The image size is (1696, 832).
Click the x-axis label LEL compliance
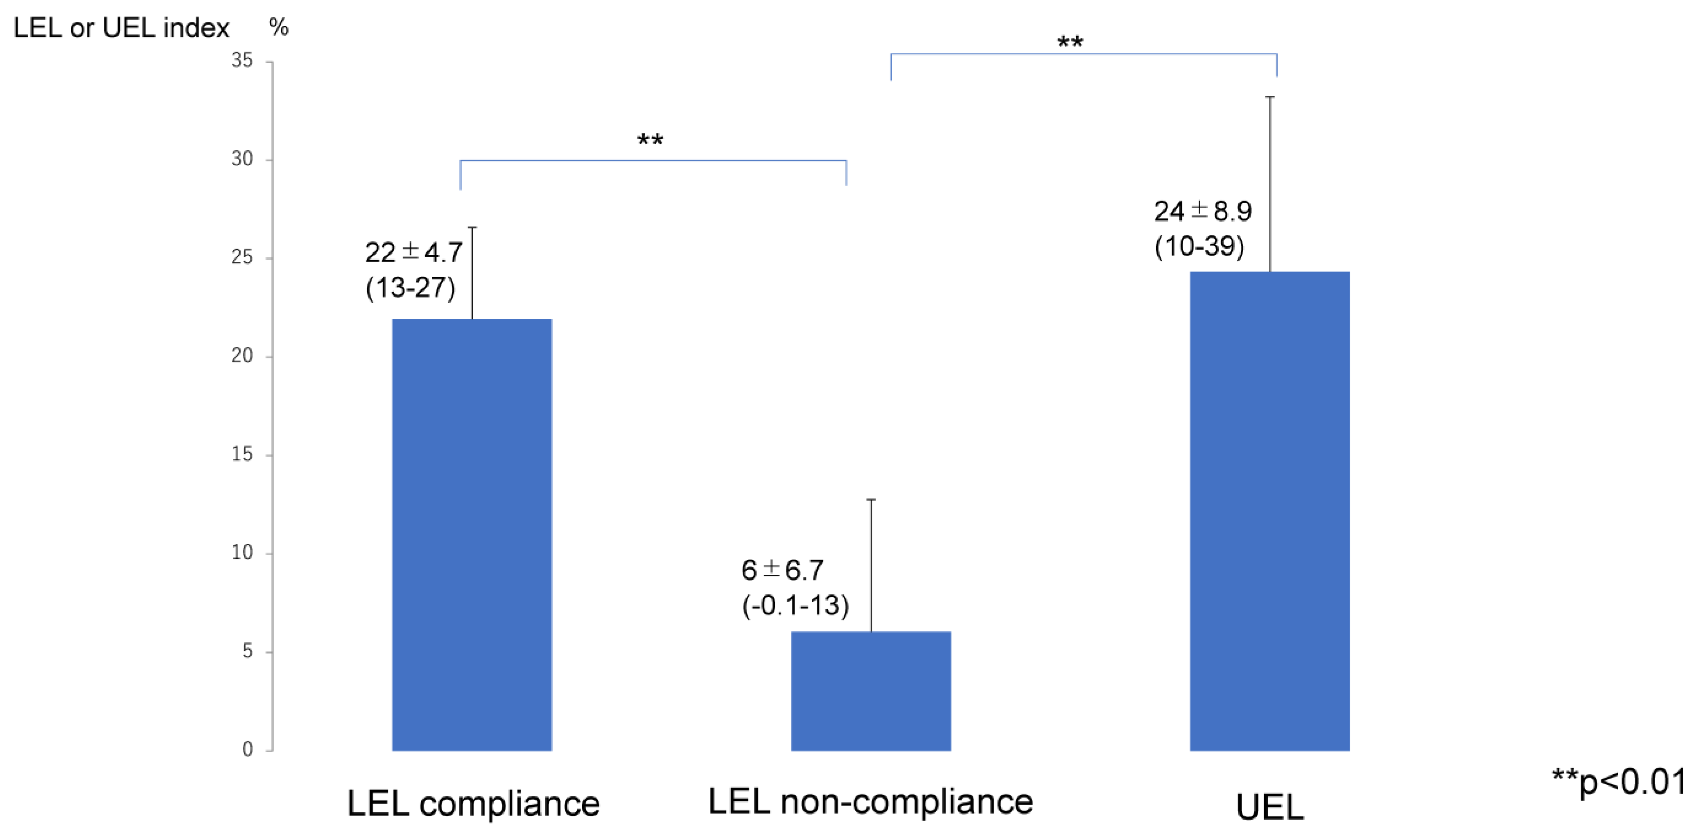click(473, 804)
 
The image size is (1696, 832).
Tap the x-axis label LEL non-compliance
click(870, 802)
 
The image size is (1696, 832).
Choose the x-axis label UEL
click(1269, 807)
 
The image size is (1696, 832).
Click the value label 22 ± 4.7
click(413, 252)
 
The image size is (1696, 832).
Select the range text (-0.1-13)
click(795, 605)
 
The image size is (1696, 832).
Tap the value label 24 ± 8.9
click(1202, 211)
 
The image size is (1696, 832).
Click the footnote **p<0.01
click(1618, 782)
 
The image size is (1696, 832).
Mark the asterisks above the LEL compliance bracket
click(650, 140)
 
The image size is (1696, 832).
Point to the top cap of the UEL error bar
click(1270, 97)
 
